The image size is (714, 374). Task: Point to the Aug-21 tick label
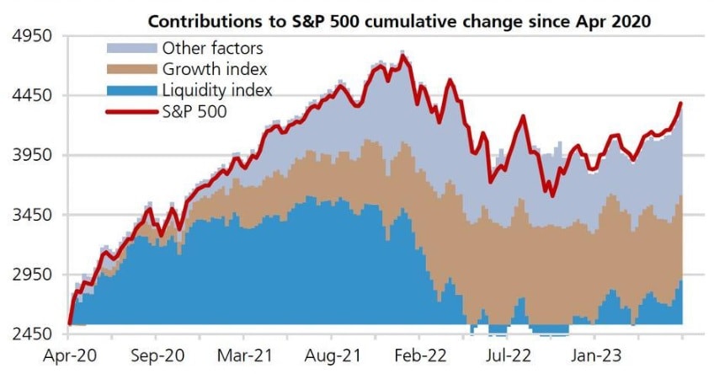pos(332,355)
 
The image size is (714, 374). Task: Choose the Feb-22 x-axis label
pos(420,355)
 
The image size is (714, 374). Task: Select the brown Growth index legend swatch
pos(132,69)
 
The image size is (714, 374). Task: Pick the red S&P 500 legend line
pos(132,110)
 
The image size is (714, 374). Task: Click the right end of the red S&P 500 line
pos(680,104)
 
